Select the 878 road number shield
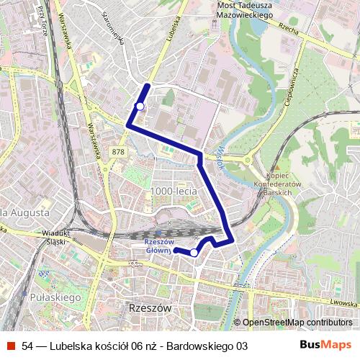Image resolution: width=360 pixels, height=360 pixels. tap(118, 152)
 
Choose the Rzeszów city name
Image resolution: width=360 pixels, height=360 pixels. tap(150, 307)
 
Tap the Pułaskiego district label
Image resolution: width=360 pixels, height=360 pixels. tap(55, 297)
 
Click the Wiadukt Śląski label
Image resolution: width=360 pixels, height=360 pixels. tap(55, 237)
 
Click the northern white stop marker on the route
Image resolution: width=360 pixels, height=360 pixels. tap(140, 106)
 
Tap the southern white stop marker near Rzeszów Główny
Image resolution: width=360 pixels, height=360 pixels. tap(194, 253)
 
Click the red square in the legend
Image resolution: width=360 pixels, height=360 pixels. tap(11, 346)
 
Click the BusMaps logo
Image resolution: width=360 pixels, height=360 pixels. tap(325, 345)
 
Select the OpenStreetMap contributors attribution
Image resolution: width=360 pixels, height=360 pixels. tap(296, 322)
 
